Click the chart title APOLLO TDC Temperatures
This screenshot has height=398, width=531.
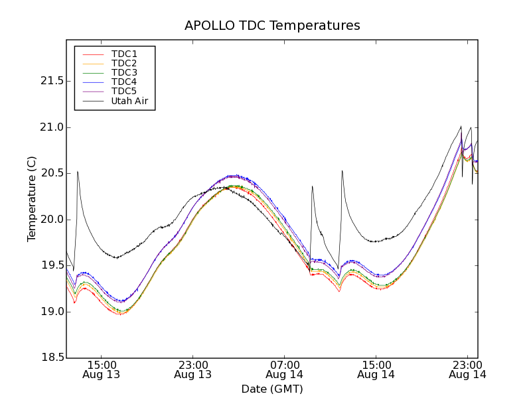point(272,26)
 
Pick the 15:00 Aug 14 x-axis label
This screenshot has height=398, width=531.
point(376,369)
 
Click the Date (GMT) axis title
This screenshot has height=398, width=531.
point(272,389)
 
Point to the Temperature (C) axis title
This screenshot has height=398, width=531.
point(32,199)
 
